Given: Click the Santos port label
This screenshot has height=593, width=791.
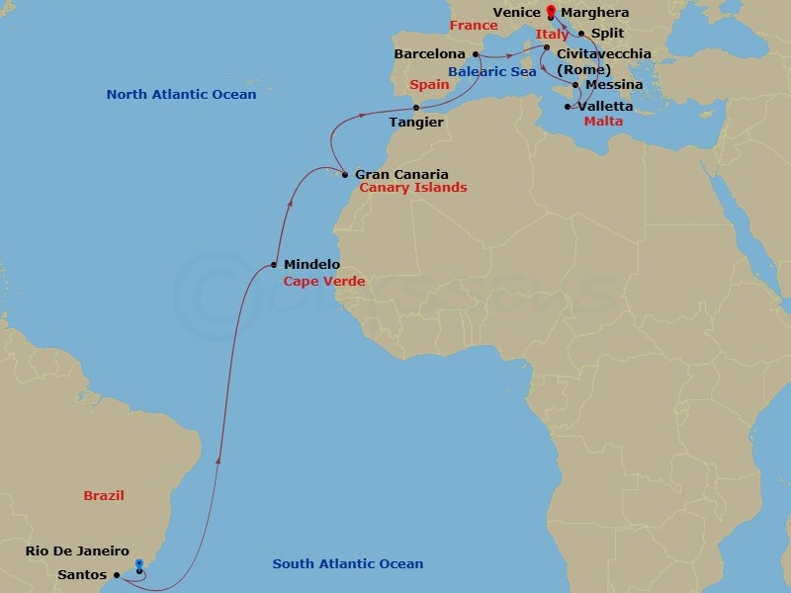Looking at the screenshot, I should coord(82,574).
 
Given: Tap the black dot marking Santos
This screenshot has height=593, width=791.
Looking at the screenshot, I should coord(116,574).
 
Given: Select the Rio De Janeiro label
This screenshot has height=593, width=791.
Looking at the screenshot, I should coord(78,551).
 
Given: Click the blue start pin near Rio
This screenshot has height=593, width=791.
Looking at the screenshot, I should coord(139,565).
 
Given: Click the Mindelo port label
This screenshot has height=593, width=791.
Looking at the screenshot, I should coord(311,265).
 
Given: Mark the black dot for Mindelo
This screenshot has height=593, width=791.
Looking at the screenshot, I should coord(274,265).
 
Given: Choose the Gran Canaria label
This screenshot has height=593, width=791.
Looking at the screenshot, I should coord(401,175).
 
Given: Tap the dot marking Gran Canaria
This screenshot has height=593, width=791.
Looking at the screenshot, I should coord(344,175).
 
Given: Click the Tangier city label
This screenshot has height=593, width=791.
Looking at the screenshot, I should coord(416,123).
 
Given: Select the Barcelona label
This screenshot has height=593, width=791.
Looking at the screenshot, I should coord(429,53).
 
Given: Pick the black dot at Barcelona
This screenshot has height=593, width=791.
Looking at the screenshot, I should coord(476,54).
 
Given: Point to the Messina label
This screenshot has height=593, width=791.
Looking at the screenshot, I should coord(614,85).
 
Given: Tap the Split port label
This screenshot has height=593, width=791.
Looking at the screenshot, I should coord(607,33).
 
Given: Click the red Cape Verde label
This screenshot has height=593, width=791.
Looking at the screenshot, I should coord(324,282).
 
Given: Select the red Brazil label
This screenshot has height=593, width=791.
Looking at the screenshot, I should coord(104,496).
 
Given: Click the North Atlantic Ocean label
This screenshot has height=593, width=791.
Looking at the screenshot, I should coord(181,95).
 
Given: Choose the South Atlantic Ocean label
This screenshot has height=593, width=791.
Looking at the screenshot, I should coord(348,564).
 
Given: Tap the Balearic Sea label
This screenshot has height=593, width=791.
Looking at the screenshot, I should coord(492,72).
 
